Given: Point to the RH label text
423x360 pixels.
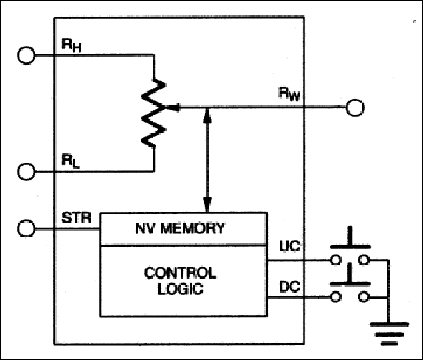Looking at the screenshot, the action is pos(71,45).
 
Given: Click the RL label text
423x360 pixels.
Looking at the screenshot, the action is pos(71,161).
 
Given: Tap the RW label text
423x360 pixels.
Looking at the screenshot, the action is pos(289,93).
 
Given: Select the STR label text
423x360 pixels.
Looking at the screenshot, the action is pos(77,218).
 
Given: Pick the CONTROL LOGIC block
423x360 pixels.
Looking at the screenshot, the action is pos(183,281).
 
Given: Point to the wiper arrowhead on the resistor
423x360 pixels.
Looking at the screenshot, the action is pos(172,107).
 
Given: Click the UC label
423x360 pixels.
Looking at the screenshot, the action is pos(290,246).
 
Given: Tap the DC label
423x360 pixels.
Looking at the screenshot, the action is pos(290,287).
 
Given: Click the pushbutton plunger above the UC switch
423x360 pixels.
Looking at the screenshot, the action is pos(350,237).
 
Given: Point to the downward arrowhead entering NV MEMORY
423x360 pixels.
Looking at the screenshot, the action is pos(207,205).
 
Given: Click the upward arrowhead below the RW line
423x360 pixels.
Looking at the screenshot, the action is pos(207,116).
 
